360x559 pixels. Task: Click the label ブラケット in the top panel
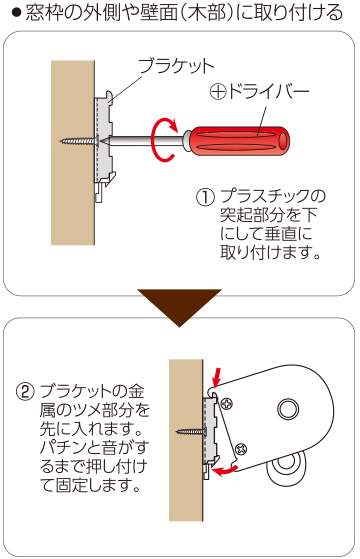[176, 66]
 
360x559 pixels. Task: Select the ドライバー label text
[268, 92]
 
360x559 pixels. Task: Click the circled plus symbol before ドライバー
[218, 93]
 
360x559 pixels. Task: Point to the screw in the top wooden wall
[80, 141]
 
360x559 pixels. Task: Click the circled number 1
[205, 198]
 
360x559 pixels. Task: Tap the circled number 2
[26, 392]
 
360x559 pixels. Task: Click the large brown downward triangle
[180, 307]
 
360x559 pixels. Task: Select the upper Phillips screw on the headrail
[227, 404]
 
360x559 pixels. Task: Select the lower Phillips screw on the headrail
[241, 448]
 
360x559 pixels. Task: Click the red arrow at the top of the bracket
[217, 375]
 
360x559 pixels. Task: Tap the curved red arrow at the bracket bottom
[224, 471]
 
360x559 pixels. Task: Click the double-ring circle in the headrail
[288, 410]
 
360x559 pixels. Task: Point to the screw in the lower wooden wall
[192, 432]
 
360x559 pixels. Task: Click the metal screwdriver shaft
[146, 140]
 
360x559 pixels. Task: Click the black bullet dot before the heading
[16, 14]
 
